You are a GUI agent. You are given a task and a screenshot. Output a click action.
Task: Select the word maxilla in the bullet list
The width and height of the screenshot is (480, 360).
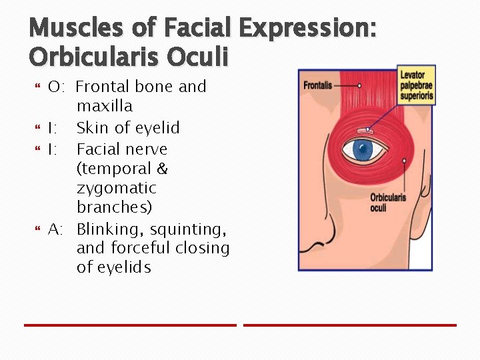click(105, 106)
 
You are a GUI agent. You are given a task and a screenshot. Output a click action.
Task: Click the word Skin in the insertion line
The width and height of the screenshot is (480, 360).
click(91, 127)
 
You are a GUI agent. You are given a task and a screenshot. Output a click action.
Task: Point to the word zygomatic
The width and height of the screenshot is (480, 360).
click(116, 188)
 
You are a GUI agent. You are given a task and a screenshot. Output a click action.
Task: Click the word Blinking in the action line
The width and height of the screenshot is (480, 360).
click(110, 229)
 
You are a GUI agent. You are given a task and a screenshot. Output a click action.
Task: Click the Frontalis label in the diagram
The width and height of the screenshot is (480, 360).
click(318, 85)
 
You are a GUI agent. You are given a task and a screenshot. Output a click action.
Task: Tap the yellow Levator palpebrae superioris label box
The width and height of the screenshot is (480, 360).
click(417, 85)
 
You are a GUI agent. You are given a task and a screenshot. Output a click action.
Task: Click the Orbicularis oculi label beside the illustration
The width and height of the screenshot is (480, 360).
click(388, 203)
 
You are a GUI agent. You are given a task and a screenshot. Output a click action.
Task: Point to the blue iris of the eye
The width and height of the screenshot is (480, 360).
click(363, 149)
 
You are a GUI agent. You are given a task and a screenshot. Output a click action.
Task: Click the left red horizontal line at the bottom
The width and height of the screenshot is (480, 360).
click(130, 325)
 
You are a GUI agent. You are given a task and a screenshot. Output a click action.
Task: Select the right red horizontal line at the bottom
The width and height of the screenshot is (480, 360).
click(350, 325)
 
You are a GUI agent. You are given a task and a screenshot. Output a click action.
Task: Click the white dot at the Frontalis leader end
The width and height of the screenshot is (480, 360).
click(359, 85)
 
